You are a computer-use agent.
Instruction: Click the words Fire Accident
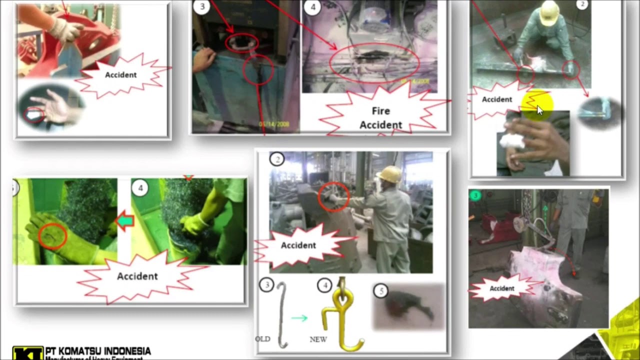(380, 118)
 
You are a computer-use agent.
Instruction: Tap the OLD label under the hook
(262, 339)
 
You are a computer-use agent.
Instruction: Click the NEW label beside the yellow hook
(318, 339)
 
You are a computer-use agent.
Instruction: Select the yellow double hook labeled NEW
(342, 315)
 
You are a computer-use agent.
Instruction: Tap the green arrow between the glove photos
(124, 220)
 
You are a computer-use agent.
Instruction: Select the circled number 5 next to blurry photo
(381, 291)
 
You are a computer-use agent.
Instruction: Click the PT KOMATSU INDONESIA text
(98, 351)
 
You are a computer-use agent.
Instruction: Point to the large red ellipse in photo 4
(374, 62)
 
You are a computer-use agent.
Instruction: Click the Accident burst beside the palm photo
(120, 75)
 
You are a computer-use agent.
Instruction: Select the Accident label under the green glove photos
(137, 276)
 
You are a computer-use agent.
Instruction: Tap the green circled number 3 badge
(475, 196)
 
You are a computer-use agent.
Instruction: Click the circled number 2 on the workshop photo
(277, 159)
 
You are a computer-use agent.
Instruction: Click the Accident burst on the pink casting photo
(501, 288)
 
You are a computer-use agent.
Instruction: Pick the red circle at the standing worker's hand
(333, 196)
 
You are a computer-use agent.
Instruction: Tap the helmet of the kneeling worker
(549, 12)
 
